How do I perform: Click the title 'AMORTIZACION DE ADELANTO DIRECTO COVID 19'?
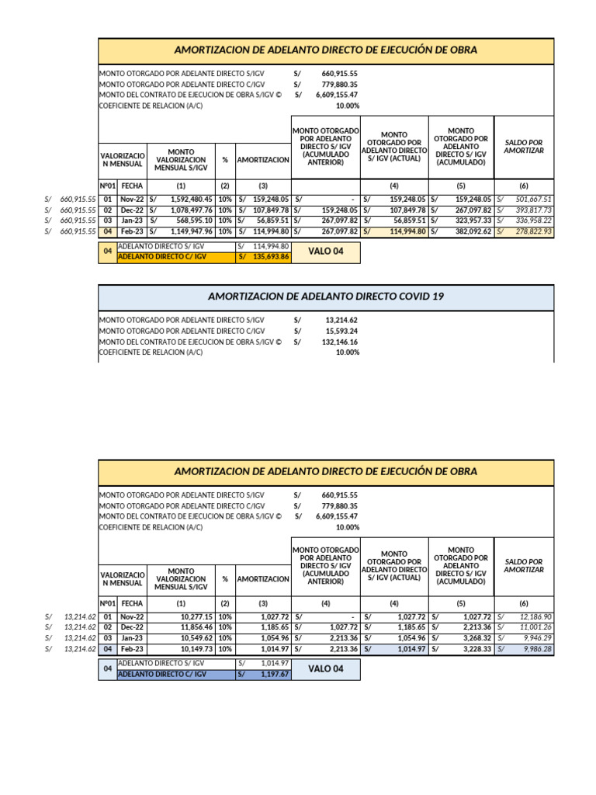(326, 297)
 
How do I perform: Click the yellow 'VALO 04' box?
(325, 252)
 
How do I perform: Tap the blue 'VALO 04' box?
(325, 669)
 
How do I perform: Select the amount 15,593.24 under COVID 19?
(341, 330)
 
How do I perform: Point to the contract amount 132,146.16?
(340, 341)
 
